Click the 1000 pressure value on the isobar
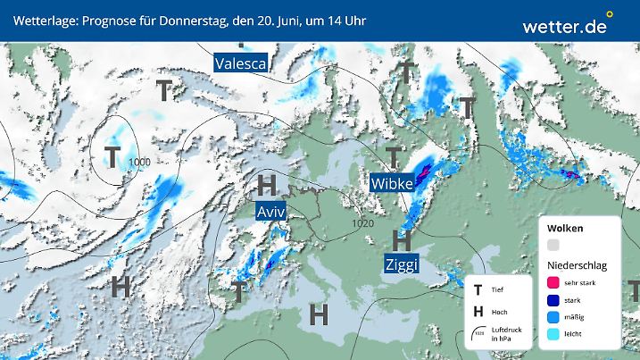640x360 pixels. (139, 161)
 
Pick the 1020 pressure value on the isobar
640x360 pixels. (362, 223)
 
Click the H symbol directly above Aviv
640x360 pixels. (266, 186)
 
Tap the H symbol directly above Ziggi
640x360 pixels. (402, 239)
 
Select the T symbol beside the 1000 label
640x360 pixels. (112, 157)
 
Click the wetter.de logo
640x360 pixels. (565, 26)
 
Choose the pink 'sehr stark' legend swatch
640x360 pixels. (553, 282)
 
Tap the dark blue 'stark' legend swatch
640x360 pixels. (553, 299)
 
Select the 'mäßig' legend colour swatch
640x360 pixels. (553, 316)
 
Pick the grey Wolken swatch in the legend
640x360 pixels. (553, 245)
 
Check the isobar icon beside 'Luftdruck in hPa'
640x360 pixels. (479, 331)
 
